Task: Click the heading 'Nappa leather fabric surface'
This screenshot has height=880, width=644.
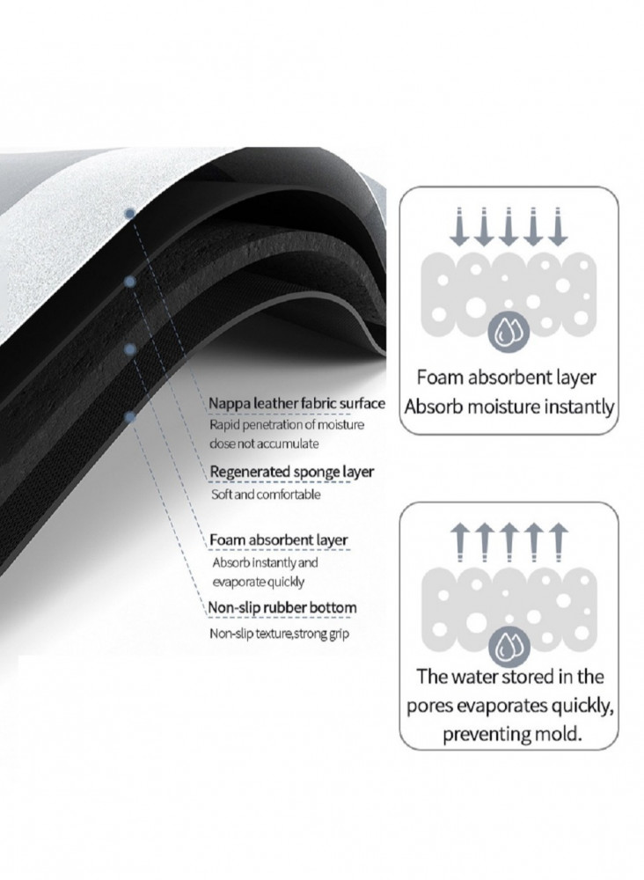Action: [296, 404]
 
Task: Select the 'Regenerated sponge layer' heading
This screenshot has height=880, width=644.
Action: [292, 472]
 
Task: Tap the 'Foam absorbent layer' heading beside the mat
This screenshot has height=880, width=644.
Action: [278, 540]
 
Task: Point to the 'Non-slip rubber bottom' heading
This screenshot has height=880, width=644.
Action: [282, 608]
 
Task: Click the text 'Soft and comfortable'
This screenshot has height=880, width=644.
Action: [266, 495]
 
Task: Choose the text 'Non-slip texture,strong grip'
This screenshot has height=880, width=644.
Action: [280, 634]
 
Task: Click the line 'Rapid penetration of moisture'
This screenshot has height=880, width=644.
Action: [287, 425]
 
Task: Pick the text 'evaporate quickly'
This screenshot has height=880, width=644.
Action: [258, 582]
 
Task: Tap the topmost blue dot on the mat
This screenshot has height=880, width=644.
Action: [130, 213]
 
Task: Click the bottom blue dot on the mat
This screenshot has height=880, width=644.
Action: [130, 416]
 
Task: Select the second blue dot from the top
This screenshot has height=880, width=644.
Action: [130, 282]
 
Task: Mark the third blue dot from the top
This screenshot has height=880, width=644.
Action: [130, 349]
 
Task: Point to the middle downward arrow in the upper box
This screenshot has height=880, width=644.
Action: [509, 227]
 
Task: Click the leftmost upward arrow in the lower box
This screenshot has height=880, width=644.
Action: [459, 542]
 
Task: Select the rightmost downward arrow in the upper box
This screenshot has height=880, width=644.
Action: [558, 227]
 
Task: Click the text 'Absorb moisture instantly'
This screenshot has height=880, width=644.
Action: [509, 407]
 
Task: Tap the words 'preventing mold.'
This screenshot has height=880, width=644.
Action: [511, 734]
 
